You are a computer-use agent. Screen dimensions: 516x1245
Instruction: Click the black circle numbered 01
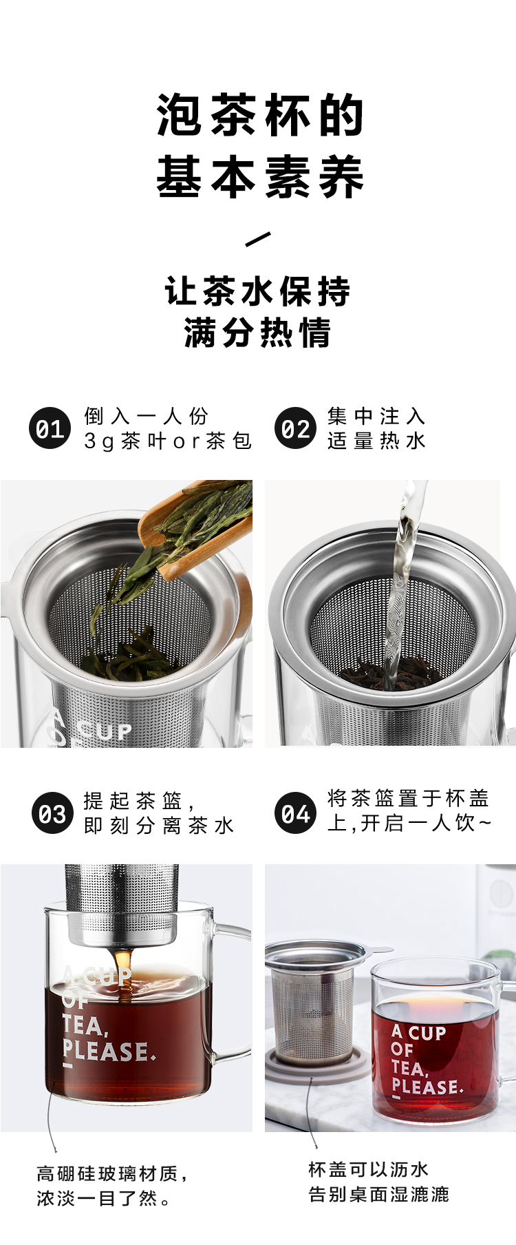tap(50, 428)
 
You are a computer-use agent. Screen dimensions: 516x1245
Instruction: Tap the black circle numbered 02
tap(295, 428)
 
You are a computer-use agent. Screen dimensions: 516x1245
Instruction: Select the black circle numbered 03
tap(52, 813)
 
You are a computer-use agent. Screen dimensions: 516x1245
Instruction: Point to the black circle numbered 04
tap(295, 813)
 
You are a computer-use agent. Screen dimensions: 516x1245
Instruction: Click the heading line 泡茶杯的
tap(260, 115)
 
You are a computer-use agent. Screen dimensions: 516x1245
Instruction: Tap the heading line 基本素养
tap(260, 176)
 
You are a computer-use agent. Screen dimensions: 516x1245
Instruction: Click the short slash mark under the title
tap(258, 239)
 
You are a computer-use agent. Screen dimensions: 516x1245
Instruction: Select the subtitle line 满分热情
tap(258, 333)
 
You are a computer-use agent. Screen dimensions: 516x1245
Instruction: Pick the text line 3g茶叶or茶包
tap(168, 441)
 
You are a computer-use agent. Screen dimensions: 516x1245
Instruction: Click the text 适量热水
tap(377, 441)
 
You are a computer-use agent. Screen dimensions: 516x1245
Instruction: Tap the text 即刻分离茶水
tap(159, 826)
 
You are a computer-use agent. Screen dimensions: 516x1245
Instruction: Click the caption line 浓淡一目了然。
tap(104, 1199)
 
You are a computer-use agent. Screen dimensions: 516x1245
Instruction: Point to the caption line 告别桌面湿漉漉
tap(378, 1195)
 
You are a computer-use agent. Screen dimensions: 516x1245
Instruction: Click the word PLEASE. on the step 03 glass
tap(109, 1051)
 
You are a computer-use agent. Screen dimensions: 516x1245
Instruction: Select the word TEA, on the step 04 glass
tap(409, 1069)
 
